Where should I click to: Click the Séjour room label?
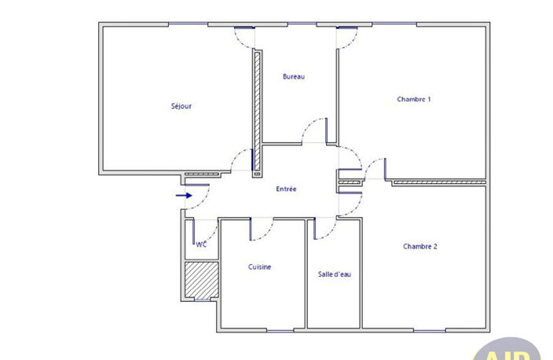click(181, 106)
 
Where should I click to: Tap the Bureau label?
click(294, 76)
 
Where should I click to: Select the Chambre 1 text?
click(414, 99)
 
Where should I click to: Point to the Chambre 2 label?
click(420, 246)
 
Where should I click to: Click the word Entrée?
click(286, 189)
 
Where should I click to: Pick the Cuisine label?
click(259, 266)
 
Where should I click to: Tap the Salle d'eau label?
click(335, 274)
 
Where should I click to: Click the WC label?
click(201, 244)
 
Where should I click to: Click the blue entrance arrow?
click(184, 196)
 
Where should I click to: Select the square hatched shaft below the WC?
click(202, 280)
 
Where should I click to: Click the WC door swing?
click(213, 236)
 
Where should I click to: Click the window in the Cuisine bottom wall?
click(280, 331)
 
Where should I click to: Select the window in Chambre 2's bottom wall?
click(429, 331)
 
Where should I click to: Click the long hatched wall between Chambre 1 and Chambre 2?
click(439, 183)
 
